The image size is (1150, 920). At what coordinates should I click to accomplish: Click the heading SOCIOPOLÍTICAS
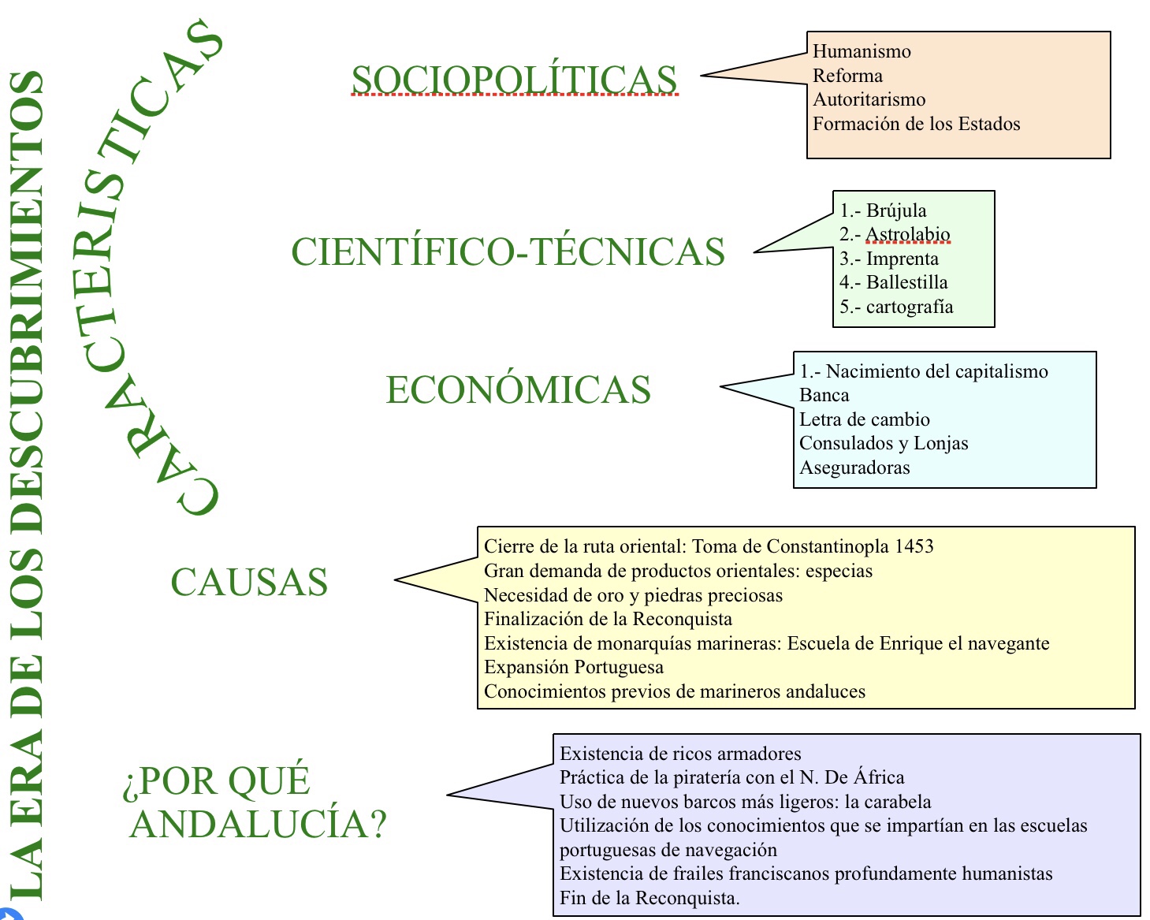[x=515, y=80]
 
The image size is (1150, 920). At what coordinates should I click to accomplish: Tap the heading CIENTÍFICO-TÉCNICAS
[x=508, y=251]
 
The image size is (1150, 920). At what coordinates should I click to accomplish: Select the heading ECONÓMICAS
[x=519, y=389]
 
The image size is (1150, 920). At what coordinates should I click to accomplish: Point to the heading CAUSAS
[x=249, y=582]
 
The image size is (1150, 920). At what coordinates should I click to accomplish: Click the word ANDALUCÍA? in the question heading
[x=258, y=824]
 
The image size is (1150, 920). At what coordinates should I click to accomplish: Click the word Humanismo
[x=862, y=51]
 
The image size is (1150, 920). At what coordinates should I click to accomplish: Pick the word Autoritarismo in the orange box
[x=869, y=99]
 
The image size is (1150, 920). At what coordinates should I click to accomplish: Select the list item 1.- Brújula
[x=883, y=210]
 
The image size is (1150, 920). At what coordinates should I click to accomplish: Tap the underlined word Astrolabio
[x=907, y=234]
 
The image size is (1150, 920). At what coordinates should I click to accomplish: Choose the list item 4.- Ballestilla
[x=894, y=282]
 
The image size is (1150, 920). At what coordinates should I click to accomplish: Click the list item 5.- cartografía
[x=896, y=307]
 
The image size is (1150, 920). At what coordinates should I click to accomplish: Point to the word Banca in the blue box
[x=824, y=395]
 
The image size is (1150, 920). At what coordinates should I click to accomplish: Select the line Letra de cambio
[x=864, y=419]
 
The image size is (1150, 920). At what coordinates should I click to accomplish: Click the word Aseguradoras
[x=854, y=467]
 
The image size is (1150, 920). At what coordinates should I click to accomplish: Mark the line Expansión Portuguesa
[x=573, y=667]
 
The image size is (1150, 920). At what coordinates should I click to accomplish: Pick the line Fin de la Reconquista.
[x=649, y=898]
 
